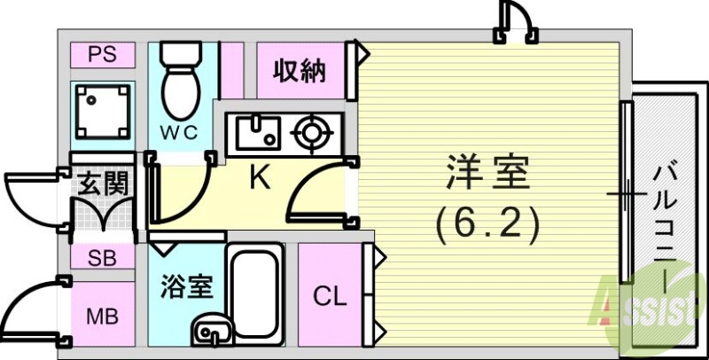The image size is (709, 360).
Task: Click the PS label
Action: click(104, 55)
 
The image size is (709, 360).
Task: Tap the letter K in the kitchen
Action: click(259, 178)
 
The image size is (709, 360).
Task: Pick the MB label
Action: click(104, 316)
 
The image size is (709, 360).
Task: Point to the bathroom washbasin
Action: click(210, 333)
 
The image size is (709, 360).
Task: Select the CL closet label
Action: click(330, 296)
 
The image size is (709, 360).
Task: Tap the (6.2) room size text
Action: click(487, 226)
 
